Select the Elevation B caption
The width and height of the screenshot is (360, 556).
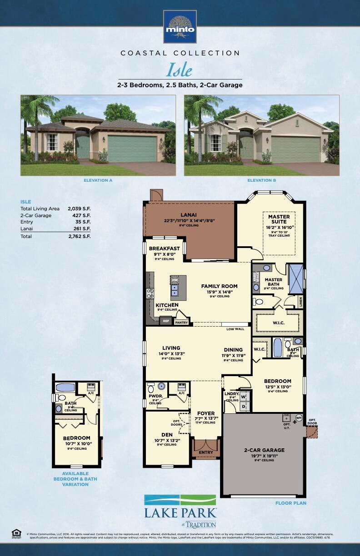pyautogui.click(x=261, y=180)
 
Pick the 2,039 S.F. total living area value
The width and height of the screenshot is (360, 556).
pyautogui.click(x=80, y=208)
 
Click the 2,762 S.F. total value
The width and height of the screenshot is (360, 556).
pyautogui.click(x=80, y=237)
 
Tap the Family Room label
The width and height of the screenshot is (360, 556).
pyautogui.click(x=220, y=286)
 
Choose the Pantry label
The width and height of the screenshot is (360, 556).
pyautogui.click(x=181, y=323)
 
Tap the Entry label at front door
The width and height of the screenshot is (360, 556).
pyautogui.click(x=206, y=452)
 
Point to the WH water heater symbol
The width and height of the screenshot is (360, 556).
pyautogui.click(x=299, y=417)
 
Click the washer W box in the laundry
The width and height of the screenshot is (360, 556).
pyautogui.click(x=243, y=397)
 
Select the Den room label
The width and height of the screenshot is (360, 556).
pyautogui.click(x=167, y=434)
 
